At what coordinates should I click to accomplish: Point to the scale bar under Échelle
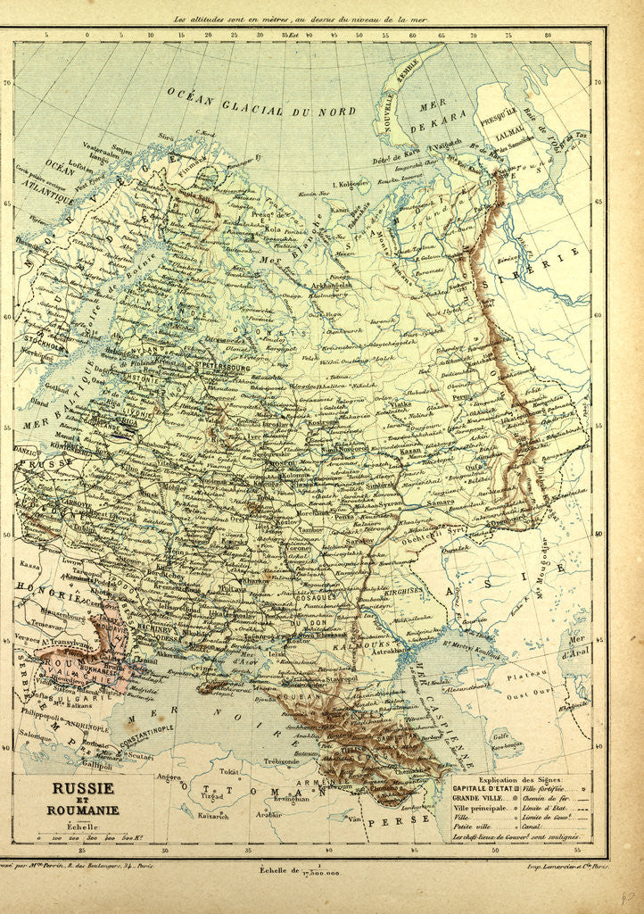point(85,837)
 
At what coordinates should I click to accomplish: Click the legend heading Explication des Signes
point(517,778)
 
